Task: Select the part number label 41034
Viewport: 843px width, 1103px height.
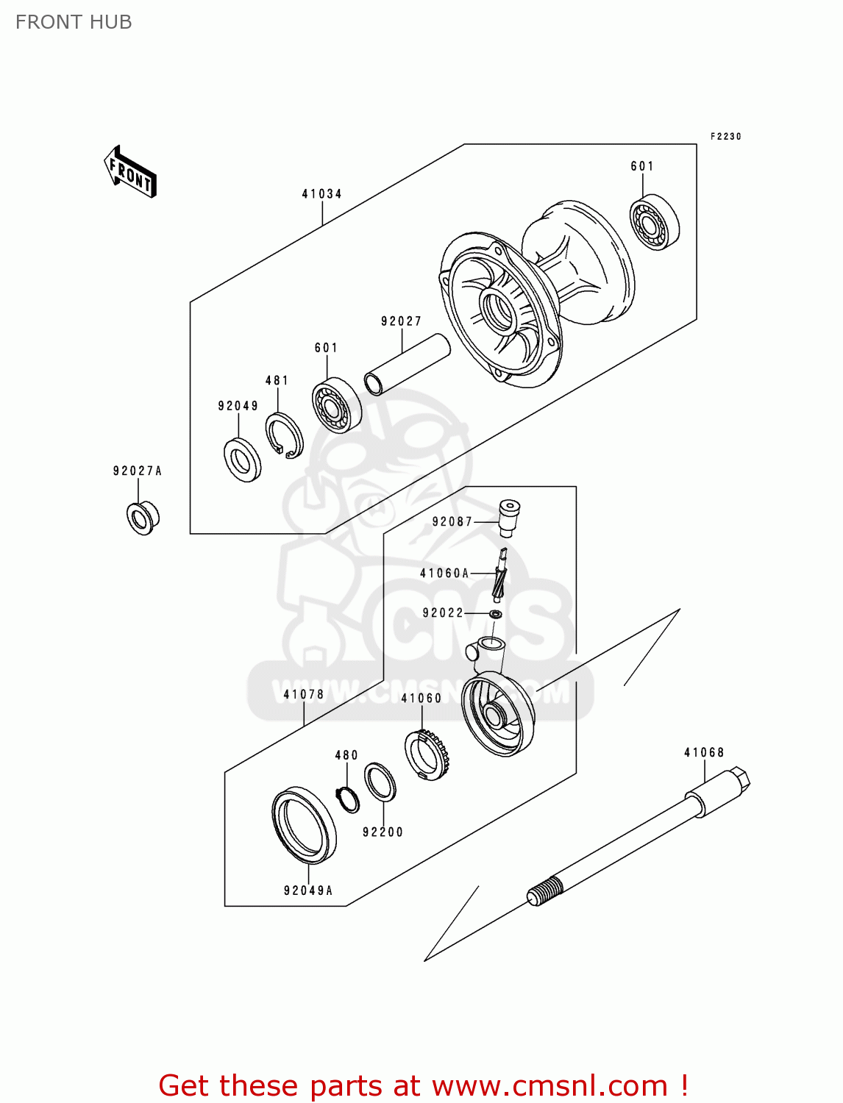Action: pyautogui.click(x=322, y=194)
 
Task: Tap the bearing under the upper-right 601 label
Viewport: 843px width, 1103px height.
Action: pyautogui.click(x=654, y=222)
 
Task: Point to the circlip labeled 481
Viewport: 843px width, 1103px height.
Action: pyautogui.click(x=284, y=436)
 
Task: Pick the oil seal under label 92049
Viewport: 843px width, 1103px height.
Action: pyautogui.click(x=242, y=460)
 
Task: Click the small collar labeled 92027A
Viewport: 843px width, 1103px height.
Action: pyautogui.click(x=142, y=518)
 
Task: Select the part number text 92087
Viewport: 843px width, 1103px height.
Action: pyautogui.click(x=452, y=521)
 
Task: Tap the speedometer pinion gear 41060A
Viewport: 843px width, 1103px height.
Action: pyautogui.click(x=501, y=578)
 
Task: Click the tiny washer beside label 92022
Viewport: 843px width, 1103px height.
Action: pyautogui.click(x=496, y=613)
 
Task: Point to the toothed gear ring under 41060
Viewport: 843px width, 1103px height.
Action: pyautogui.click(x=427, y=754)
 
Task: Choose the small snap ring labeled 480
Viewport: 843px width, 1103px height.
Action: pyautogui.click(x=347, y=799)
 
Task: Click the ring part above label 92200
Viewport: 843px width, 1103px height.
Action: pyautogui.click(x=380, y=782)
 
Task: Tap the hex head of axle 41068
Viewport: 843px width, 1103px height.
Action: pyautogui.click(x=739, y=780)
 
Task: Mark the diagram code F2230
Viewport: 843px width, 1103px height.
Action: pyautogui.click(x=725, y=137)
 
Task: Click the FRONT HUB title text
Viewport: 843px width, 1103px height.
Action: pyautogui.click(x=74, y=22)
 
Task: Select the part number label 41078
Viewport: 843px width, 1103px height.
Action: pyautogui.click(x=304, y=694)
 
